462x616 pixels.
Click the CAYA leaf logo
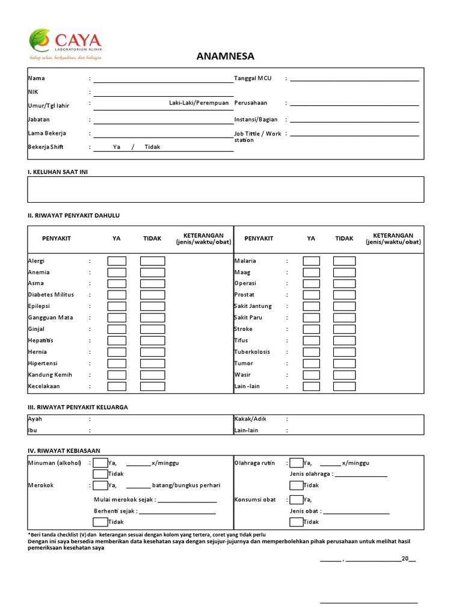point(41,40)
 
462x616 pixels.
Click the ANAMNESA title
point(225,57)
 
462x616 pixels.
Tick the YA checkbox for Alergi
point(117,261)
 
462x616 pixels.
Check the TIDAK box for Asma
point(152,283)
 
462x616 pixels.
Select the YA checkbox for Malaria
point(311,261)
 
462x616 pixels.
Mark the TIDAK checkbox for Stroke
point(344,329)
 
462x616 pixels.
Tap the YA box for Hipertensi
point(117,363)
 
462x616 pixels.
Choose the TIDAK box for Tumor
point(344,363)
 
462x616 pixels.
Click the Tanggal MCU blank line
point(354,79)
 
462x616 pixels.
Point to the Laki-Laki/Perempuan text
point(199,103)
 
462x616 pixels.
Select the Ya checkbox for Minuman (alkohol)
point(100,463)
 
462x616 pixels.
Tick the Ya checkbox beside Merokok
point(100,485)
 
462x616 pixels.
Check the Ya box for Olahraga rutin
point(296,463)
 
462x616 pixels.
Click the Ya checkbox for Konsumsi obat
point(296,499)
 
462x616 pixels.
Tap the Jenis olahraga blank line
point(360,475)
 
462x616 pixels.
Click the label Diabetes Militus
point(51,295)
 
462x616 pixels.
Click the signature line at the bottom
point(368,602)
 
